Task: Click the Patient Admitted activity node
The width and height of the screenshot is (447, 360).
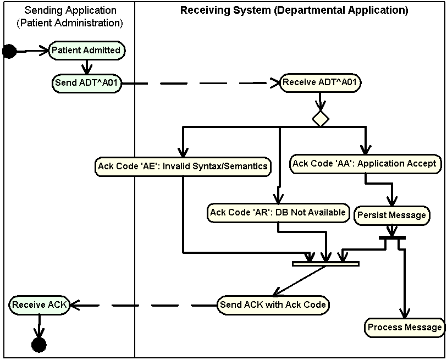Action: tap(86, 50)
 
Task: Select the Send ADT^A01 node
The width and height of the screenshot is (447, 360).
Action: tap(87, 84)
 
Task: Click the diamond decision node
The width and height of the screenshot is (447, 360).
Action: tap(320, 118)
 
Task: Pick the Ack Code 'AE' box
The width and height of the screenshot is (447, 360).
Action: tap(183, 166)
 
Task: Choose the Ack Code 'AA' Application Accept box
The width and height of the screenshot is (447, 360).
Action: tap(365, 163)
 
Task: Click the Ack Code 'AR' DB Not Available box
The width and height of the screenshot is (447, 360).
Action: tap(278, 212)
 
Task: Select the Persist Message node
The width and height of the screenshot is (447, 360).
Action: tap(391, 215)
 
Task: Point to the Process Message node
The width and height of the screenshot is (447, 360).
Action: tap(405, 327)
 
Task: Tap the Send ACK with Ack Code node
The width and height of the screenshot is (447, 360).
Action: tap(273, 304)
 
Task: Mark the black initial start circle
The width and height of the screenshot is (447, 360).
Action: tap(9, 52)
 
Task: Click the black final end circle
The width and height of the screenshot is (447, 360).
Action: tap(38, 345)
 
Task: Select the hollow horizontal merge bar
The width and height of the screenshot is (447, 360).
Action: tap(325, 264)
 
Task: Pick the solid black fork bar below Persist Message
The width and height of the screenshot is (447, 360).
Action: tap(392, 237)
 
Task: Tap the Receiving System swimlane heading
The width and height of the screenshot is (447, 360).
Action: tap(294, 10)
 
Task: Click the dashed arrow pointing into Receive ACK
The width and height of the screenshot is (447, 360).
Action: tap(143, 304)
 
